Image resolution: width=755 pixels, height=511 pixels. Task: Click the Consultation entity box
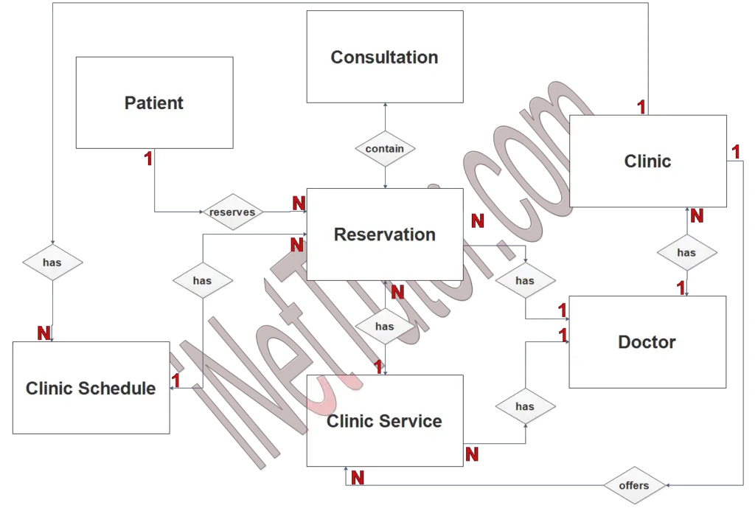(385, 57)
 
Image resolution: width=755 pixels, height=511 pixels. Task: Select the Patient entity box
(155, 102)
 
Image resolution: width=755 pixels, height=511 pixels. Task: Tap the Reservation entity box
(385, 234)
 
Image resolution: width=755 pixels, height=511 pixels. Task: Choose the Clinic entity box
(647, 161)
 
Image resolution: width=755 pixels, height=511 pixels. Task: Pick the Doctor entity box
(647, 342)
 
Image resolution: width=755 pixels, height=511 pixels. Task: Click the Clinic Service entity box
(385, 420)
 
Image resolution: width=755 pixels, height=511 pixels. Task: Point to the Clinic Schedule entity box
(91, 388)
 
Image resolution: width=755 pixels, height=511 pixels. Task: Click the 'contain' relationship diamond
(385, 148)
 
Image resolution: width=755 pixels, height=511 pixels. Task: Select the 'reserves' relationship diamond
(232, 212)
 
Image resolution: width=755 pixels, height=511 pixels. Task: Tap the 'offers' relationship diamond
(634, 485)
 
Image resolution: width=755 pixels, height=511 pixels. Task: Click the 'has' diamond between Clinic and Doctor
(686, 252)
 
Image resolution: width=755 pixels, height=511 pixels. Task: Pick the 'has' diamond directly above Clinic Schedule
(52, 262)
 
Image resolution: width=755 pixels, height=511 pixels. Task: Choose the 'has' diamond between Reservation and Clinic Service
(385, 326)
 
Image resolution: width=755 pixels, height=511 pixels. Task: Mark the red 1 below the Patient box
(149, 159)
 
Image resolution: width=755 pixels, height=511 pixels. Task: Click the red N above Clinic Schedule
(44, 333)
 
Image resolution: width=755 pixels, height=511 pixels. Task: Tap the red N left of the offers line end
(358, 478)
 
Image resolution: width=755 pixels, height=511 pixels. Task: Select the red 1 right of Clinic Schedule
(176, 380)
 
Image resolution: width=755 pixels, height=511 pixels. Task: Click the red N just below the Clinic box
(696, 216)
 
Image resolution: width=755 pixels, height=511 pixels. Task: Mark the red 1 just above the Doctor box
(681, 287)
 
